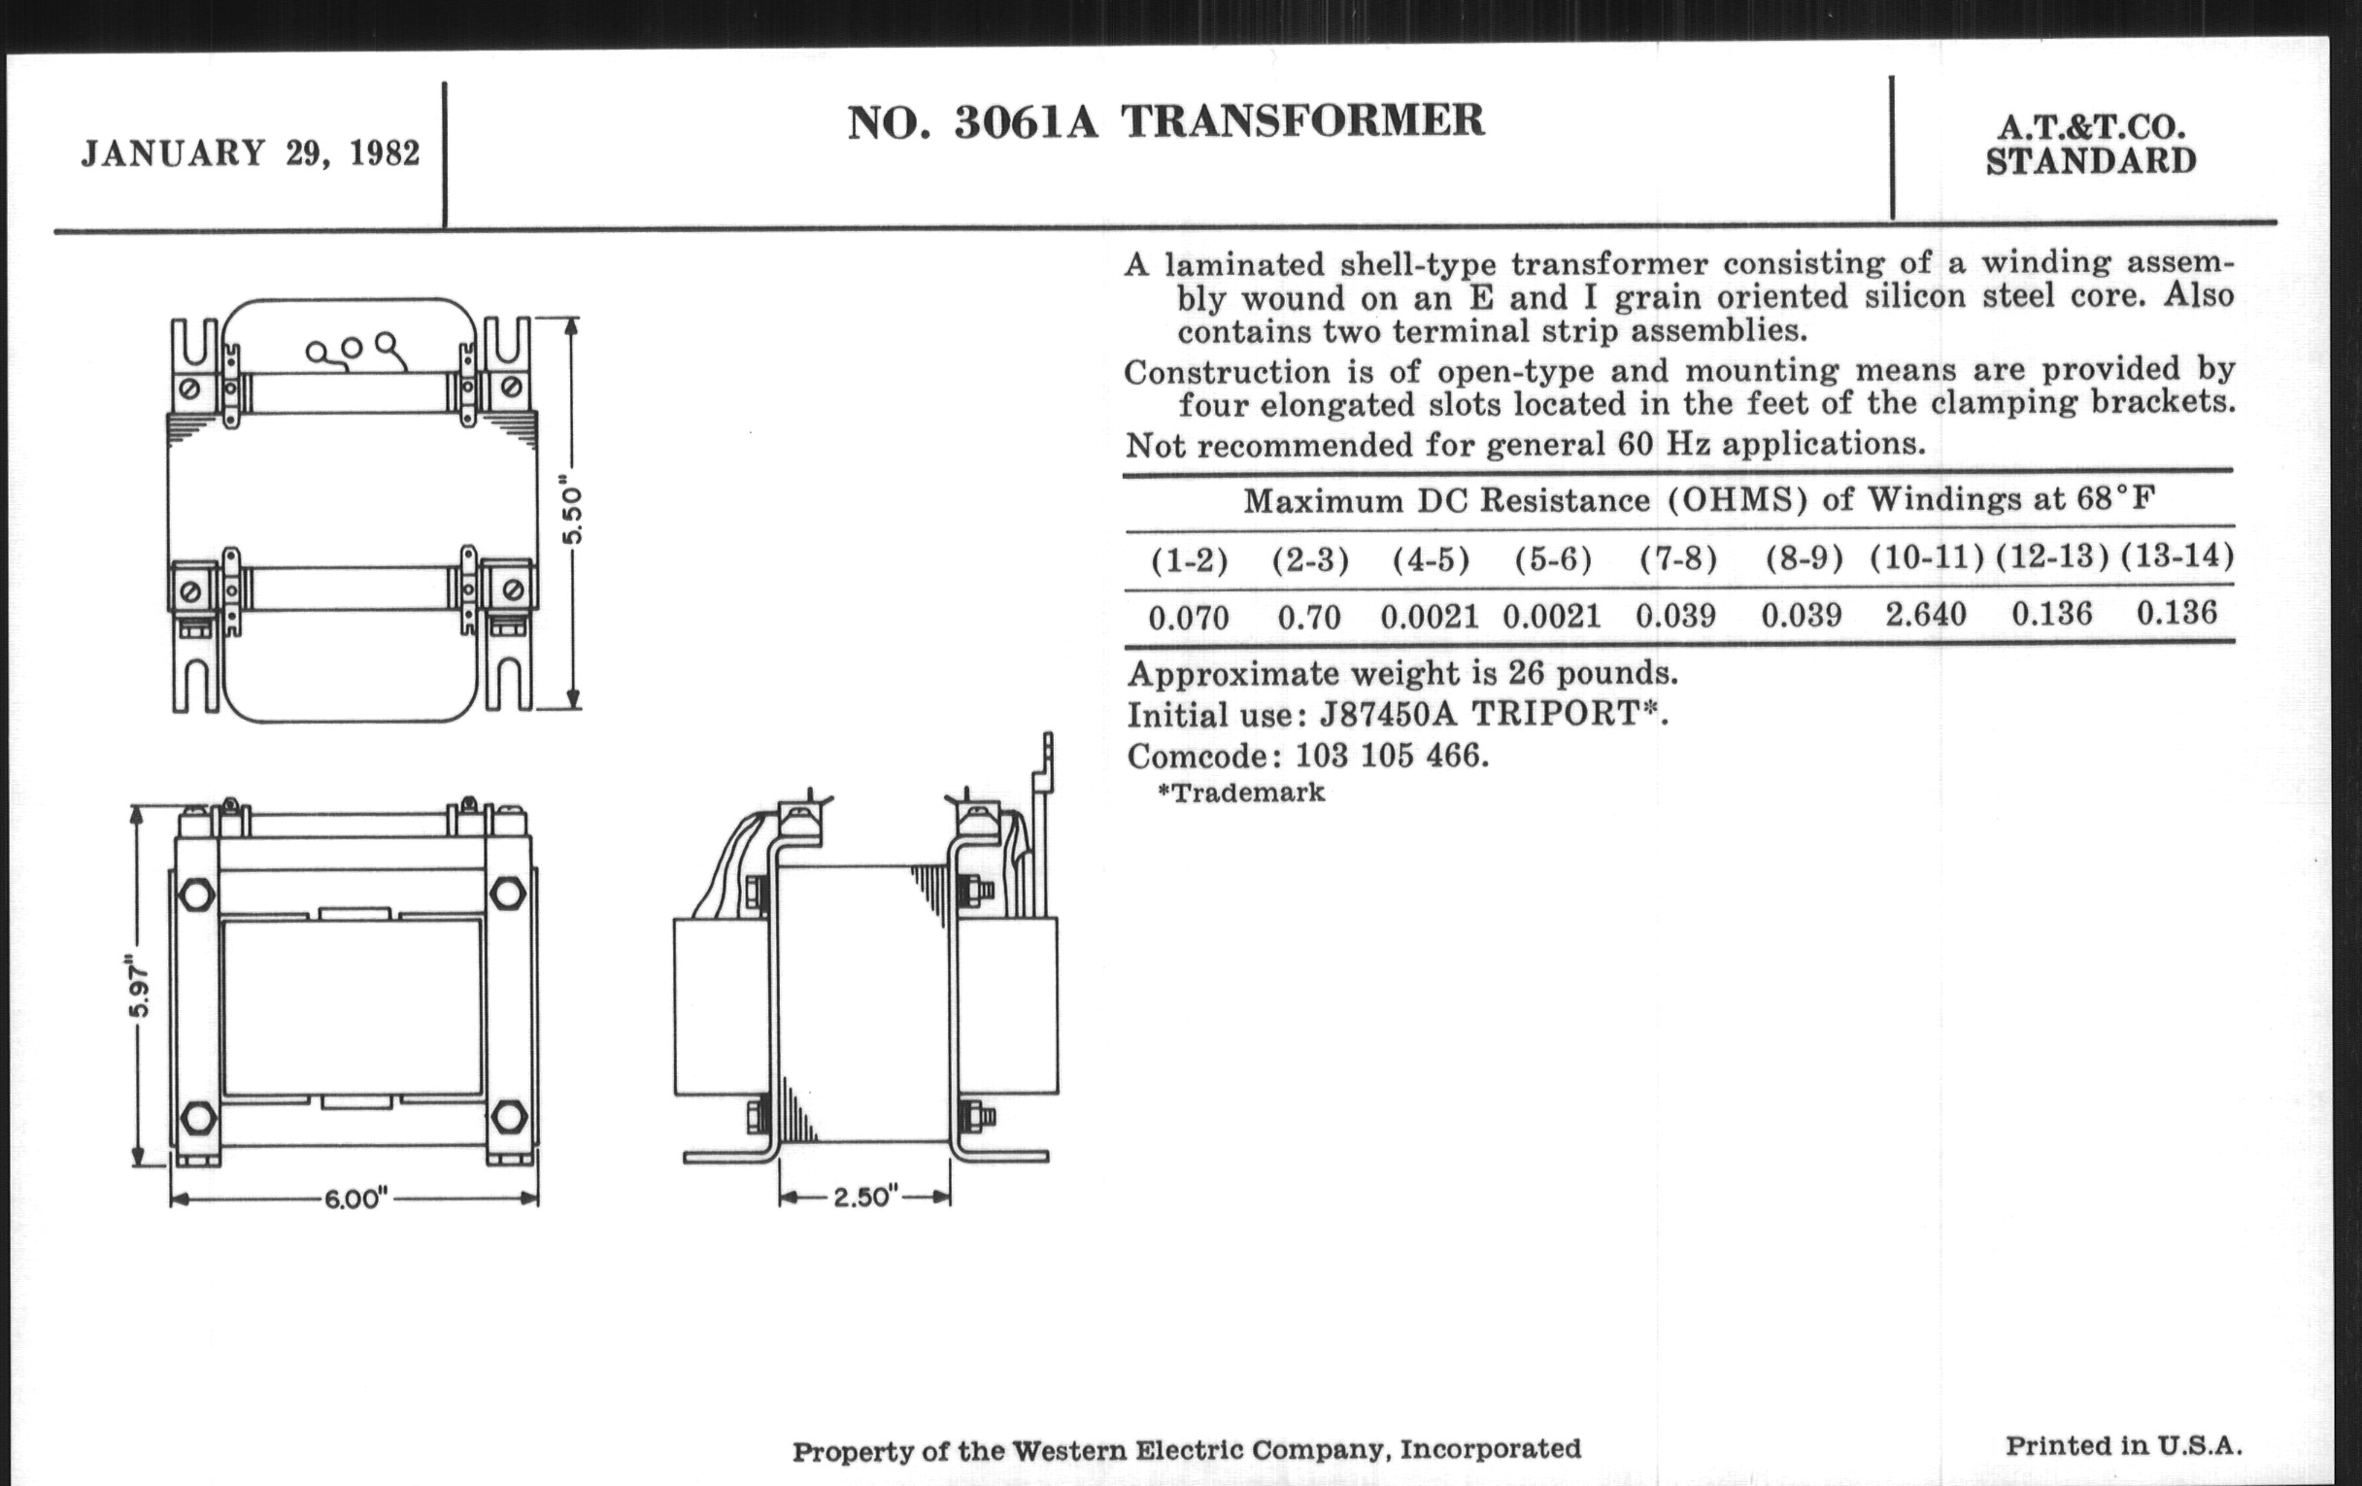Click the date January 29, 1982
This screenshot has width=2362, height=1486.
coord(251,154)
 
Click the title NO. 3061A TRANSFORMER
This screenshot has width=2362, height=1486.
coord(1165,121)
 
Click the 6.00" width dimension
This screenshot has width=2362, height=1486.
coord(356,1199)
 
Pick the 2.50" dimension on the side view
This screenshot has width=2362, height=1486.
coord(865,1197)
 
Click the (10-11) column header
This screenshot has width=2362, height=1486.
coord(1927,557)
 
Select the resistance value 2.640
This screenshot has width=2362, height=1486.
coord(1926,615)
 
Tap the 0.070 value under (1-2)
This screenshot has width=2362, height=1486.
coord(1188,618)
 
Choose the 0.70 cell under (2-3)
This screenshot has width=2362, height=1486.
coord(1308,618)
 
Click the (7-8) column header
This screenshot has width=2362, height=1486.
coord(1678,558)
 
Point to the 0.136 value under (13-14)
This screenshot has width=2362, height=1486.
coord(2176,613)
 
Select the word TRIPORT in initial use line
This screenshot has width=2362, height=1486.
coord(1558,713)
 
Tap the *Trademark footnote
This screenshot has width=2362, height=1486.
coord(1241,793)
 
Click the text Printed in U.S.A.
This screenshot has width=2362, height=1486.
coord(2124,1446)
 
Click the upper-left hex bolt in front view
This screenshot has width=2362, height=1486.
coord(197,895)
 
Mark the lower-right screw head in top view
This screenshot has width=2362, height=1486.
coord(511,590)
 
